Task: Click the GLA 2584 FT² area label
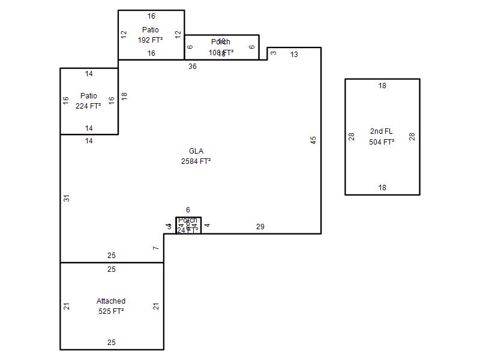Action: [196, 156]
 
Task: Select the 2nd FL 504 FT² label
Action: [382, 137]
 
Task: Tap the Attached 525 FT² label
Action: [111, 306]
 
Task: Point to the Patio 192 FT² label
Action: [151, 35]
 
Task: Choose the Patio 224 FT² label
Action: [89, 101]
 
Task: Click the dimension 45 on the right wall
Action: [313, 140]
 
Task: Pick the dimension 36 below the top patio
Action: [193, 67]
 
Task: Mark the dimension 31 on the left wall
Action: [67, 198]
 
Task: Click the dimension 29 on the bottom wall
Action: [260, 227]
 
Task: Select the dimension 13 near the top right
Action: [294, 55]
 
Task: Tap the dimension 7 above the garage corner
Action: [155, 248]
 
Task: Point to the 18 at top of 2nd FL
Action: [382, 86]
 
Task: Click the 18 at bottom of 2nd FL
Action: [382, 188]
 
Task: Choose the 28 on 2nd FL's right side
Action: [412, 137]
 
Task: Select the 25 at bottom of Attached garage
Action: [112, 343]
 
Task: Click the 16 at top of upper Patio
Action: [151, 16]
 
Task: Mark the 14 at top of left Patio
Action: [89, 74]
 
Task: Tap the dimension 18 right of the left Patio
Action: [125, 96]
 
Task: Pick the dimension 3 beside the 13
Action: [274, 53]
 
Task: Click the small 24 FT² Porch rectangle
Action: [188, 225]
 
